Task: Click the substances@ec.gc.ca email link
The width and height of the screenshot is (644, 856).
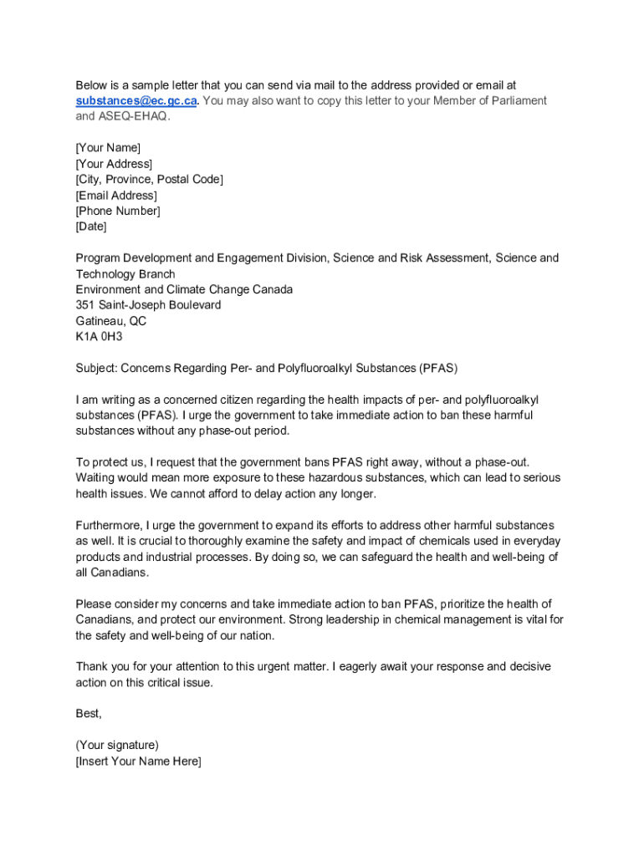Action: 136,101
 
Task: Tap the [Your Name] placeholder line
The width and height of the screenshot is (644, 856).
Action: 108,148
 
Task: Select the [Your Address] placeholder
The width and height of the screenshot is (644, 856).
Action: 114,164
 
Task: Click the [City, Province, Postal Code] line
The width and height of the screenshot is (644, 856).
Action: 150,180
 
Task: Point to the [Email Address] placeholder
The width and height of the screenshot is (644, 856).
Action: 116,196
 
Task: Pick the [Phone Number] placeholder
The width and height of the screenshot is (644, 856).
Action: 118,211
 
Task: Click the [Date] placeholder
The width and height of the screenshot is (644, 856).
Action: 91,227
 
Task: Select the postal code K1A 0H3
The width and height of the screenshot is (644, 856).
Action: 98,337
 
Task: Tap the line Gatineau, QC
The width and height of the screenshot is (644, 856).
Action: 111,321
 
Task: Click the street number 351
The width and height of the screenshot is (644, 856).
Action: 85,305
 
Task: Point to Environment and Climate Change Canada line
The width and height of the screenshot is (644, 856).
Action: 184,289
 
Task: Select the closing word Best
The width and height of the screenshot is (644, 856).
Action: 89,713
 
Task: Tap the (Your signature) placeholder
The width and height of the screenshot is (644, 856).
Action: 117,745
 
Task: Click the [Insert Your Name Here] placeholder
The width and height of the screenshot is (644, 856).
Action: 138,761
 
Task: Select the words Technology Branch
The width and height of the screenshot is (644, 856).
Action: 125,274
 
